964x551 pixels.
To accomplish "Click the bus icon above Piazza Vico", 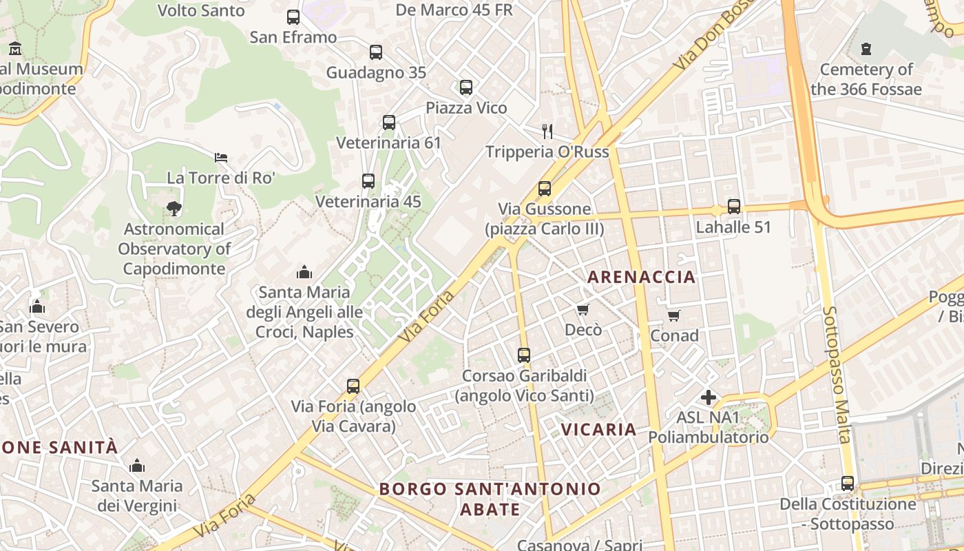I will point(466,87).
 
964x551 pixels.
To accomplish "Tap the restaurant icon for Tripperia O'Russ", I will point(547,131).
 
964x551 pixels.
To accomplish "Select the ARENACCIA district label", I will point(641,277).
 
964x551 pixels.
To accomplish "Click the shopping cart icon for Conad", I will point(674,315).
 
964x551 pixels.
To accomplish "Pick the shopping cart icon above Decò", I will point(583,310).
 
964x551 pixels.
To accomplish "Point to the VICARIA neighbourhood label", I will point(598,429).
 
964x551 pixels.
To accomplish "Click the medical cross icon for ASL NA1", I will point(708,397).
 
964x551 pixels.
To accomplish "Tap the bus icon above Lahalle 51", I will point(734,207).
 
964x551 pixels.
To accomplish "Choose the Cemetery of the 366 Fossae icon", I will point(866,49).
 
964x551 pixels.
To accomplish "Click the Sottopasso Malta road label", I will point(837,375).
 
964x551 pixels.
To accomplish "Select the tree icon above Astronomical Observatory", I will point(174,208).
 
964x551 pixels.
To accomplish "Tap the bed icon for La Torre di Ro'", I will point(221,158).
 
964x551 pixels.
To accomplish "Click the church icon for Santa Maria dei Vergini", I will point(137,466).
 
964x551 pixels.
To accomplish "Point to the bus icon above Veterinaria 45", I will point(368,181).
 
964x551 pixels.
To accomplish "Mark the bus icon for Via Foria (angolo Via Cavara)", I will point(353,386).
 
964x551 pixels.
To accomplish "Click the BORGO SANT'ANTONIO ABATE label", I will point(490,499).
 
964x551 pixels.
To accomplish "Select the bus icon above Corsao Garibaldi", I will point(524,355).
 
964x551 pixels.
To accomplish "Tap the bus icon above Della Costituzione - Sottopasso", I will point(848,484).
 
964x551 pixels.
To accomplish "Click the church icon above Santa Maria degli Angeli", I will point(304,272).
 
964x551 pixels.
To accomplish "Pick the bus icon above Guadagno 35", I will point(376,52).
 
